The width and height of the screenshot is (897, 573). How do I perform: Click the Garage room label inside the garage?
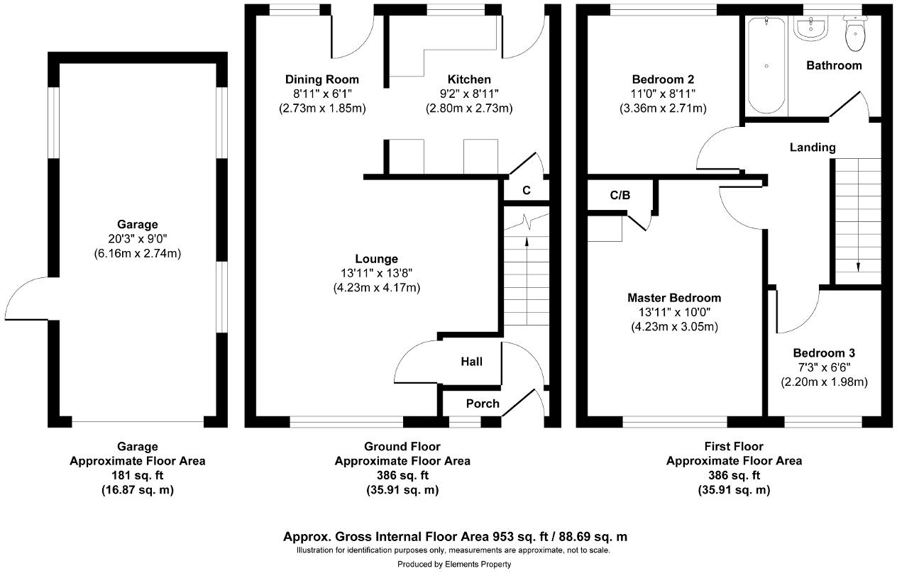point(138,224)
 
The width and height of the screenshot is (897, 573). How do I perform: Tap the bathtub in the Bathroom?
point(766,65)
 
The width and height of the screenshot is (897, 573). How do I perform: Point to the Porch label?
point(483,404)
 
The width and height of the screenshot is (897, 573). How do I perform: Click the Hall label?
point(471,362)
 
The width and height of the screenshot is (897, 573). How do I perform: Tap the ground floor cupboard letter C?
point(526,190)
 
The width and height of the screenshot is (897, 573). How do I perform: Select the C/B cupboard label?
point(620,195)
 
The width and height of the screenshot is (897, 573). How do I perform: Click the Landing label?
point(813,148)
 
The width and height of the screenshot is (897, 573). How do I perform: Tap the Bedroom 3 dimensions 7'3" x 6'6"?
point(824,367)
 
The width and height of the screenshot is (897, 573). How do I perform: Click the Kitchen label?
point(468,79)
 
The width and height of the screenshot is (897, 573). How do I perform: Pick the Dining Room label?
point(321,79)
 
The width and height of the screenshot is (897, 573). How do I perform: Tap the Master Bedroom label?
point(673,298)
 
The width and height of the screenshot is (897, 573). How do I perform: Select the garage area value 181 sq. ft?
point(137,475)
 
